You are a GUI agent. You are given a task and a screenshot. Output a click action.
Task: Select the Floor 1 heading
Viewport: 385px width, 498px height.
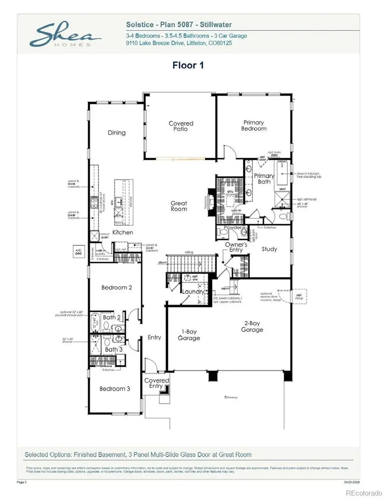click(188, 65)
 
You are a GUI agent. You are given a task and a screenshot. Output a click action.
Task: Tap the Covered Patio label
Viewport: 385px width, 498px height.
click(181, 126)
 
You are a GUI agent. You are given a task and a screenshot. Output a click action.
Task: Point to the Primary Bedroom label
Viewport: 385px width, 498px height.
click(254, 126)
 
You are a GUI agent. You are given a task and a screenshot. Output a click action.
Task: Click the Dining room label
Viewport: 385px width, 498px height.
click(116, 133)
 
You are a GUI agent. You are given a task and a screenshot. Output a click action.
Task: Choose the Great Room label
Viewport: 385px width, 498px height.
click(179, 206)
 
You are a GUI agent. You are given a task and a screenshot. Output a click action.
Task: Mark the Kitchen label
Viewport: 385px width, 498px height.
click(123, 233)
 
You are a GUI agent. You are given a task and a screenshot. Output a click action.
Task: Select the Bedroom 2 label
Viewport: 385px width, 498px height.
click(116, 287)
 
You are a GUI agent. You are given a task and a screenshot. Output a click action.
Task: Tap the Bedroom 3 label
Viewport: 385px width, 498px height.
click(115, 389)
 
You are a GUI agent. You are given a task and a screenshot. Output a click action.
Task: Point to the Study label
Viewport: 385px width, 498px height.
click(269, 249)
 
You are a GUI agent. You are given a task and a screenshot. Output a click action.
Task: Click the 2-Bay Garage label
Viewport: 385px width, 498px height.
click(252, 327)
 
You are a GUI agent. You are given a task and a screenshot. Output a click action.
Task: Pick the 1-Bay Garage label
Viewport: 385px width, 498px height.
click(189, 335)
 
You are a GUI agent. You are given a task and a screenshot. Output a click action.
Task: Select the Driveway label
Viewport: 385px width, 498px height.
click(231, 398)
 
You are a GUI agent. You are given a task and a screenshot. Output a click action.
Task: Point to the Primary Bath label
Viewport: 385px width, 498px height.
click(264, 179)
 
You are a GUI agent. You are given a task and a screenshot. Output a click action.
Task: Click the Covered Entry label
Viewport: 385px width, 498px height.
click(157, 383)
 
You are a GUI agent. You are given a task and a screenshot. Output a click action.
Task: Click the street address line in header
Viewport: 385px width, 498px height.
click(179, 43)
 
